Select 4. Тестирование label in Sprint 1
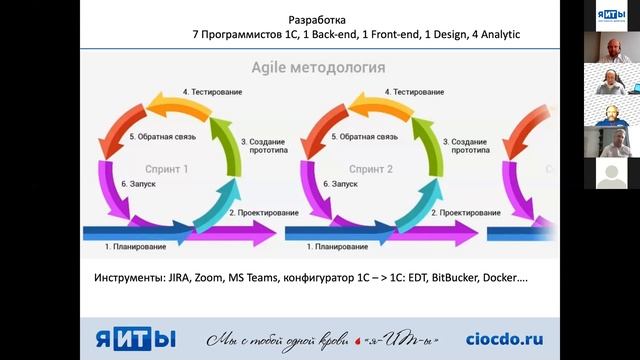[x=212, y=92]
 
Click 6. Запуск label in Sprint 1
[x=138, y=185]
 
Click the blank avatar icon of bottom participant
[x=611, y=174]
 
